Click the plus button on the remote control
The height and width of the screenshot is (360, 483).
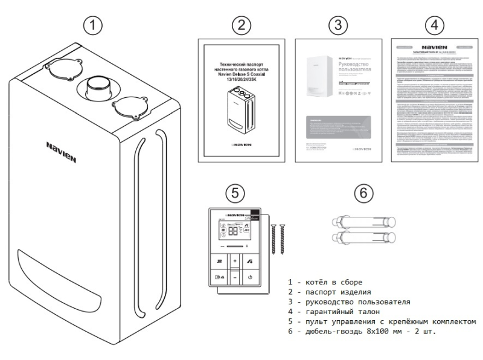tap(235, 262)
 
